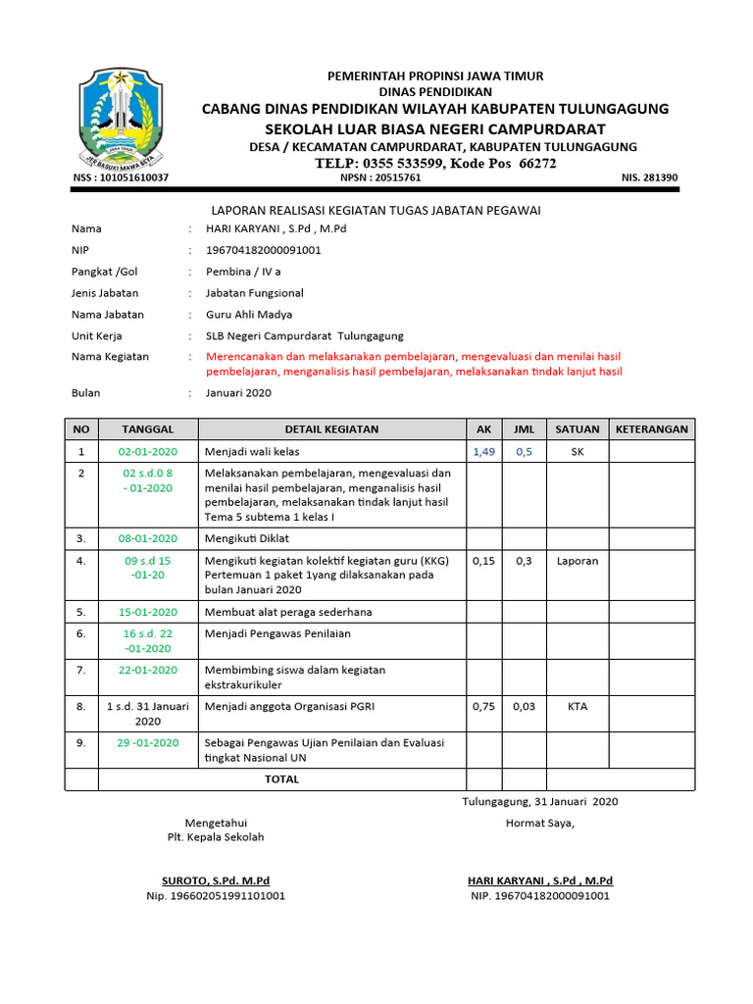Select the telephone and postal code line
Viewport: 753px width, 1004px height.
(x=435, y=163)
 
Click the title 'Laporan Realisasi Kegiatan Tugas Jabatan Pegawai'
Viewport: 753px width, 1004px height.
(x=376, y=210)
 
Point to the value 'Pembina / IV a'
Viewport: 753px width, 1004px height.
(x=243, y=272)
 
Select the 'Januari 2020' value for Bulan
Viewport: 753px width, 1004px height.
(x=238, y=393)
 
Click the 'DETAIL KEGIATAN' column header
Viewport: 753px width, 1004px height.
(x=331, y=429)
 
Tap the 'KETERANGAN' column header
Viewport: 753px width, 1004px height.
(x=651, y=429)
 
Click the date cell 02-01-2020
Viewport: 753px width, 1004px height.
(x=147, y=452)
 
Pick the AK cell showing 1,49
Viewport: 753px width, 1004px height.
(x=483, y=452)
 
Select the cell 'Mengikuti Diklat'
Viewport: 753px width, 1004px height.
(x=246, y=538)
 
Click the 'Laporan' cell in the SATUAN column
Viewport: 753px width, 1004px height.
(x=577, y=561)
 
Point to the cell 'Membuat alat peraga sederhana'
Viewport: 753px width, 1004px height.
(x=287, y=612)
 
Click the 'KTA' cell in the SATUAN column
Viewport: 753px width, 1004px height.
(x=577, y=707)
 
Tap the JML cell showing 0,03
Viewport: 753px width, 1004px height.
(x=524, y=707)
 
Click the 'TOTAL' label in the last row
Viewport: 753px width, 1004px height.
(x=281, y=779)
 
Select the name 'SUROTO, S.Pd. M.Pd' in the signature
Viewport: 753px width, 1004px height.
(x=216, y=880)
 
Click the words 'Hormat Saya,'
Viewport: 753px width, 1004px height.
(x=540, y=823)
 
